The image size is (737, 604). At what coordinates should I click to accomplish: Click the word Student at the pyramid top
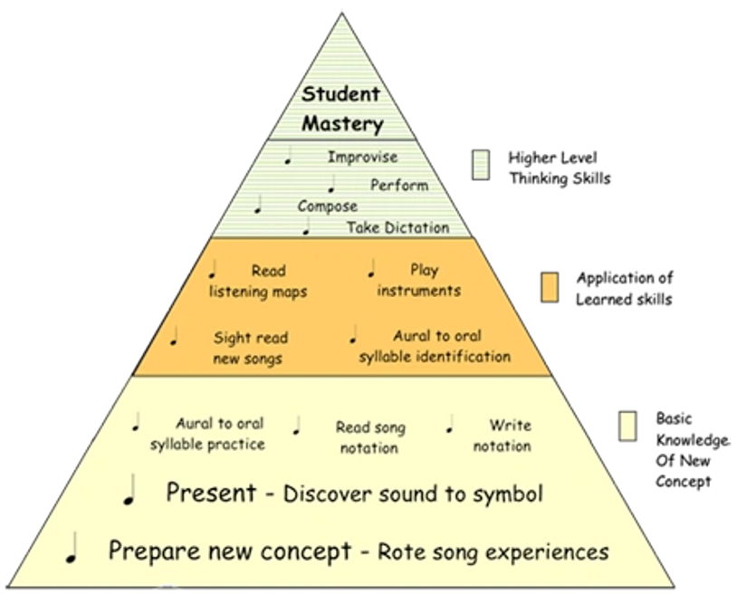tap(340, 94)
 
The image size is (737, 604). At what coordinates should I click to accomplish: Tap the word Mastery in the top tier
tap(342, 124)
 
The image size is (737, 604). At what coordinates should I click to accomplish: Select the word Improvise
tap(362, 157)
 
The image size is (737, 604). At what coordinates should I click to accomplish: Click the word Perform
tap(399, 186)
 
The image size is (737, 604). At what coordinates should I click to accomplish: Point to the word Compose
tap(327, 206)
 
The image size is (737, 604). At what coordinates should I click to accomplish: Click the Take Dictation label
tap(398, 227)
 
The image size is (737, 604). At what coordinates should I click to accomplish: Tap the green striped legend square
tap(481, 165)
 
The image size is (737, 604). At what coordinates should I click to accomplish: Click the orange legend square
tap(550, 287)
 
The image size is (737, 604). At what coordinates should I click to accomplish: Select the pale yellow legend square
tap(627, 426)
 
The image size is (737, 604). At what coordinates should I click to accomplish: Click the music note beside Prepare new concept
tap(72, 548)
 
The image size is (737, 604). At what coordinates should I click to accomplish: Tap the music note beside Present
tap(129, 490)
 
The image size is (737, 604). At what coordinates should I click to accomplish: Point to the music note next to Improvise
tap(288, 156)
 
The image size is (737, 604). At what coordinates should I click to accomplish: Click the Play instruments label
tap(419, 280)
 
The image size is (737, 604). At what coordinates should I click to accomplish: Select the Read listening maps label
tap(258, 281)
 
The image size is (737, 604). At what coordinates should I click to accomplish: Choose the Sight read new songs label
tap(251, 348)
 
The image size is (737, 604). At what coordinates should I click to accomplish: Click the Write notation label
tap(502, 436)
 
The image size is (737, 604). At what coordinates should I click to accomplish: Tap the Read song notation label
tap(370, 437)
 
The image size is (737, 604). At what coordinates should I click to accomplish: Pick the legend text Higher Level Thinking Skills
tap(560, 168)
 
